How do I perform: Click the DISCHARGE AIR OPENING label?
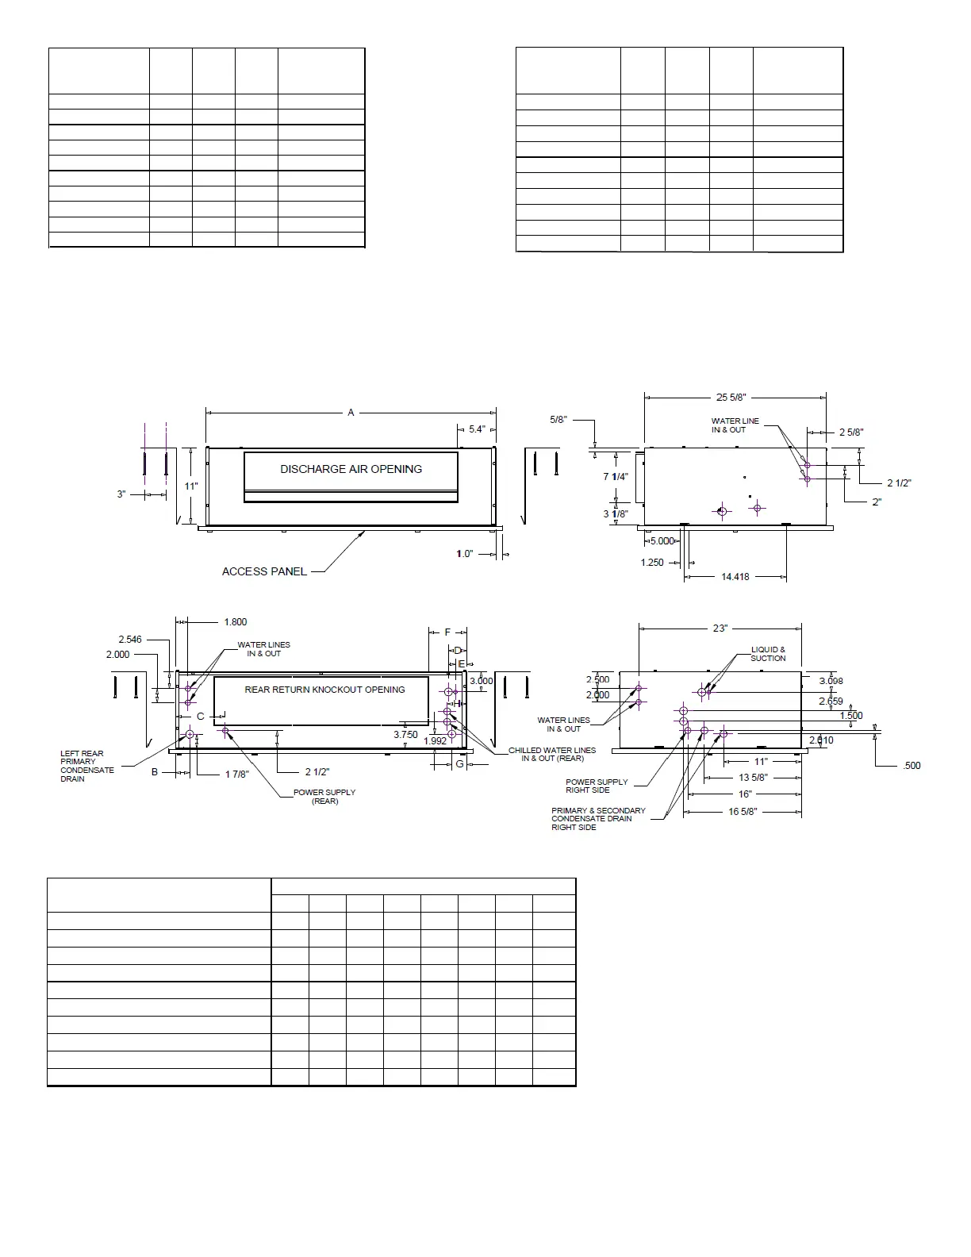click(351, 469)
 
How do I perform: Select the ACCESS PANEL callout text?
click(264, 571)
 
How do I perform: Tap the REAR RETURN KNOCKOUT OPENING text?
click(324, 690)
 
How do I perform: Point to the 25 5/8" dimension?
click(731, 398)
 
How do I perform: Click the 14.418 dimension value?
click(735, 577)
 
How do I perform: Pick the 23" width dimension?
click(720, 628)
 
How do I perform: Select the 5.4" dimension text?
click(477, 429)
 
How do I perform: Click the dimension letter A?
click(351, 413)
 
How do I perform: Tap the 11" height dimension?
click(191, 486)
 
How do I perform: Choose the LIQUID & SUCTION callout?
click(768, 654)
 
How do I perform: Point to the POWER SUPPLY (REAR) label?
click(324, 797)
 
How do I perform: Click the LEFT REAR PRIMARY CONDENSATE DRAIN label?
click(87, 766)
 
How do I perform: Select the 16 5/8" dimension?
click(743, 812)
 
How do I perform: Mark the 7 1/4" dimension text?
click(615, 477)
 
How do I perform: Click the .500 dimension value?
click(912, 766)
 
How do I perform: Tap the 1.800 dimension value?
click(236, 622)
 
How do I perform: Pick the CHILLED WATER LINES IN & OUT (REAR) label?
click(552, 754)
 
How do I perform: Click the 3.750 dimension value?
click(405, 735)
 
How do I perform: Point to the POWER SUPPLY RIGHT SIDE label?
click(597, 786)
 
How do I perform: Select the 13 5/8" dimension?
click(753, 778)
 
